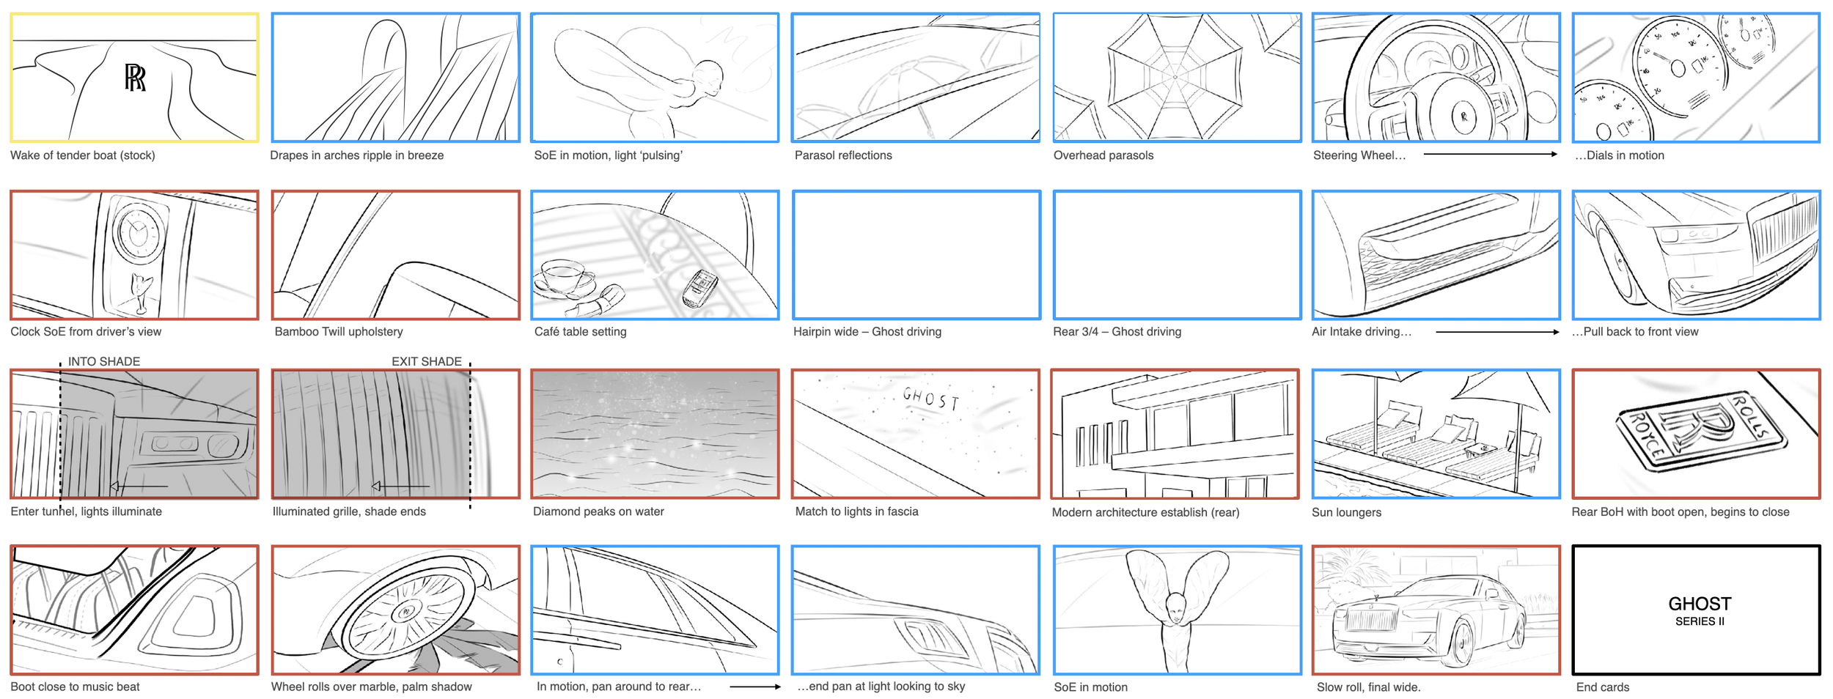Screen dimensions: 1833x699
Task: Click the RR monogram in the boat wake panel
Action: click(135, 78)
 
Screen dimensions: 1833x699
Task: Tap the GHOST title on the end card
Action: click(1700, 604)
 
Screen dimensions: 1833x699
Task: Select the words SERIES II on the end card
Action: click(1700, 621)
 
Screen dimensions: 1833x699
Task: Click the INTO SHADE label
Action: click(104, 361)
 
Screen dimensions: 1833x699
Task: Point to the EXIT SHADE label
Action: click(427, 361)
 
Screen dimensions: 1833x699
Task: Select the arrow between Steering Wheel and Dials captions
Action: click(1491, 154)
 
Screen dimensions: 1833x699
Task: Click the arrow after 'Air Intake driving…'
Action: click(1497, 332)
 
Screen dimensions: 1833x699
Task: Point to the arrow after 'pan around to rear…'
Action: click(755, 687)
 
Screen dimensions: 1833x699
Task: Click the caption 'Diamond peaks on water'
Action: click(598, 511)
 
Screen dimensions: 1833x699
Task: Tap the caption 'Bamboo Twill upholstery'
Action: click(339, 331)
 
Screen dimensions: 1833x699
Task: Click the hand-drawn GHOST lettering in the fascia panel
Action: click(930, 399)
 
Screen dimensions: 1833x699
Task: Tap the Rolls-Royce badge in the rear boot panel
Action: click(1701, 433)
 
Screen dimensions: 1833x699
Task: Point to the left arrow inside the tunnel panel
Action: click(139, 486)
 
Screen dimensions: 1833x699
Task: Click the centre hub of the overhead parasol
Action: click(1175, 77)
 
